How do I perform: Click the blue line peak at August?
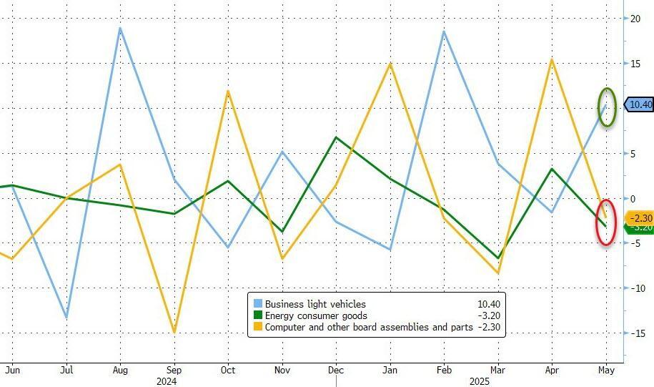120,28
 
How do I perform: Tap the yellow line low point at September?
174,332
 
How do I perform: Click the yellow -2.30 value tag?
640,218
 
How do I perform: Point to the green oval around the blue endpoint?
607,107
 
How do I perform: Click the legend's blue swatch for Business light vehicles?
257,304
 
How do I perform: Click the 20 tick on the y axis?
635,19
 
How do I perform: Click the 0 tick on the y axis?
633,198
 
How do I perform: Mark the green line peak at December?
336,137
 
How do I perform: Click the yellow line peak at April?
552,59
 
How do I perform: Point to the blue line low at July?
66,317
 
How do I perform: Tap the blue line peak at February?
444,31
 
